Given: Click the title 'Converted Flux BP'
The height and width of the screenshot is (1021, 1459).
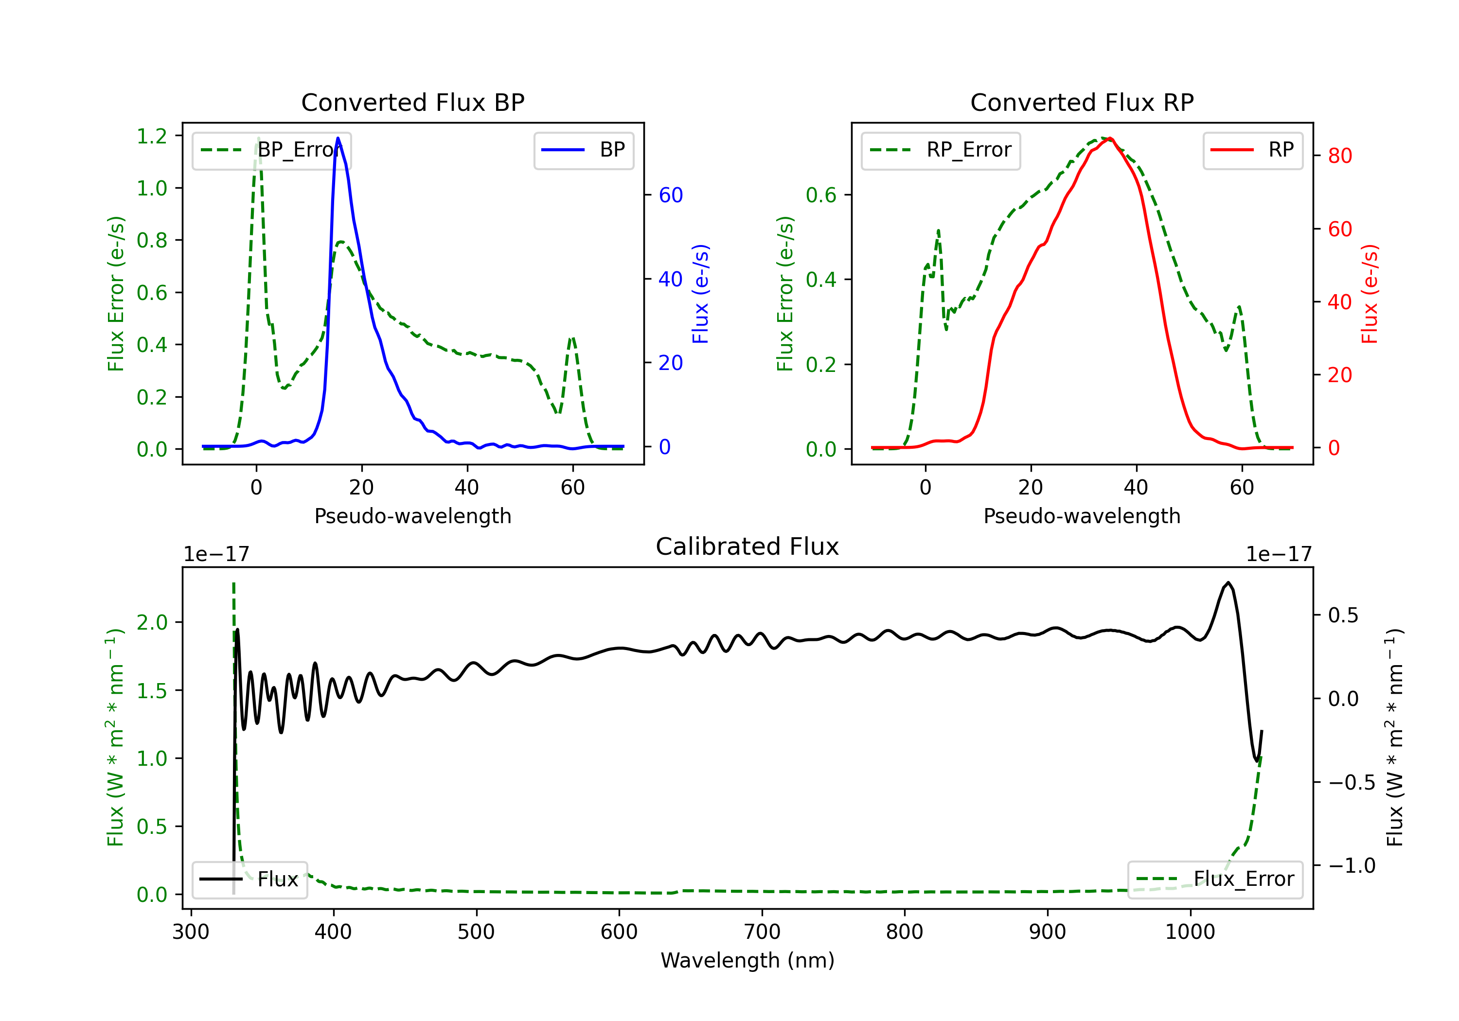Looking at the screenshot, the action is (x=412, y=102).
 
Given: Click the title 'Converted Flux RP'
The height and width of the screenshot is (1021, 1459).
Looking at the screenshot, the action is (x=1082, y=102).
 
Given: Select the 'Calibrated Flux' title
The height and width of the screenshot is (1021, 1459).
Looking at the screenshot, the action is (x=747, y=546).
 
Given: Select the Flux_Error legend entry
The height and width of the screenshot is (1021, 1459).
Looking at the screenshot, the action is (x=1215, y=880).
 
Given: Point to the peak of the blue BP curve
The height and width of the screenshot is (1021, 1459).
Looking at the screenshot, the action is (x=338, y=138).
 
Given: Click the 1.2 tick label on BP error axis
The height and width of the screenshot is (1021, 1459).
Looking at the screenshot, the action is (x=152, y=136).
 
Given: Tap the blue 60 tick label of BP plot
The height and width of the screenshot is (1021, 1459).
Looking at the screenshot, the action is (x=671, y=195).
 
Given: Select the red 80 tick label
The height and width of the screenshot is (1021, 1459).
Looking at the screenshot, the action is (x=1340, y=156).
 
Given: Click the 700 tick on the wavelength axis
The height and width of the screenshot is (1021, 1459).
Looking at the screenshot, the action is (x=762, y=932).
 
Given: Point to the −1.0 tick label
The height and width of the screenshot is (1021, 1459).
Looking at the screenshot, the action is (x=1352, y=865).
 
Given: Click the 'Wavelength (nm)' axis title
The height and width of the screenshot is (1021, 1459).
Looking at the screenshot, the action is (x=747, y=961).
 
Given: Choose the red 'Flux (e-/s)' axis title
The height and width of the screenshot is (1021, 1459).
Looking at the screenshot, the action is (x=1370, y=294).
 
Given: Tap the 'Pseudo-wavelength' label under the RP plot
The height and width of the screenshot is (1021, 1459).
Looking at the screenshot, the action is (x=1082, y=516).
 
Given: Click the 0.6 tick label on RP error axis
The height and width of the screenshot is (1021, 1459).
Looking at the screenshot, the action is (x=821, y=195).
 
